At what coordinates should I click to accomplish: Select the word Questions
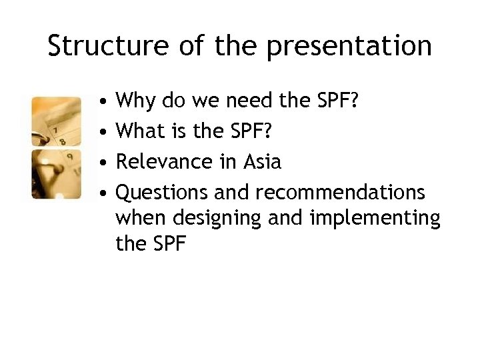[x=162, y=193]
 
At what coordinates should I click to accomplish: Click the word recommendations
[x=340, y=192]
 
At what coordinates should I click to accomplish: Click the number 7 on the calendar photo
[x=57, y=128]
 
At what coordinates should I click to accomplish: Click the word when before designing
[x=137, y=218]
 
